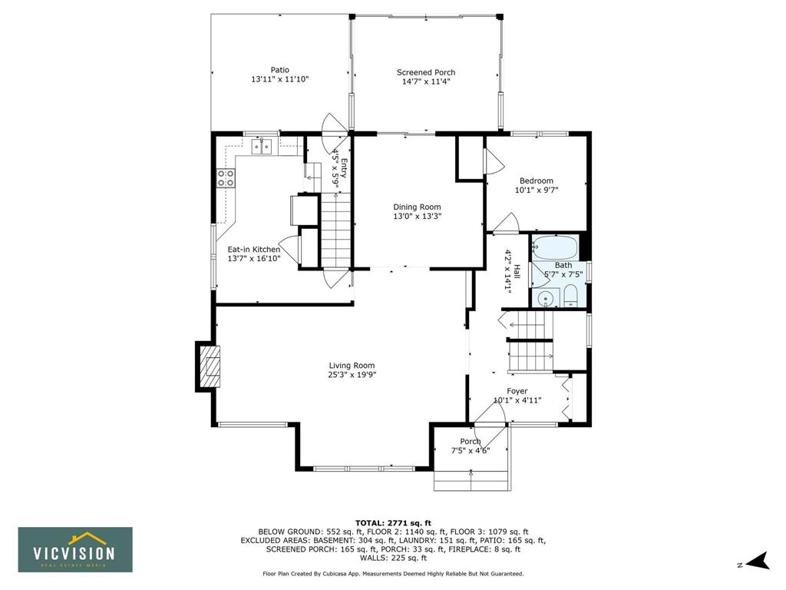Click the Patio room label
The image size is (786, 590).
[279, 70]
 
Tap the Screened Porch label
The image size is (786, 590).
[426, 72]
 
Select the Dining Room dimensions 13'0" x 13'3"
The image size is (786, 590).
[417, 216]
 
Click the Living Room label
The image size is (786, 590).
[352, 366]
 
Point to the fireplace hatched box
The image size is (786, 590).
[210, 366]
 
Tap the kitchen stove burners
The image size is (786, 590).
[226, 178]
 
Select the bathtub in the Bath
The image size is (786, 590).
[555, 248]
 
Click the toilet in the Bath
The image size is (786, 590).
[571, 296]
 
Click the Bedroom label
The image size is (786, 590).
[537, 181]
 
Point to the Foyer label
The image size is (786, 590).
[517, 391]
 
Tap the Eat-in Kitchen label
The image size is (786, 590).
[253, 250]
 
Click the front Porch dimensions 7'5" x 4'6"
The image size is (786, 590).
[471, 450]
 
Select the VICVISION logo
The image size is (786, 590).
[75, 549]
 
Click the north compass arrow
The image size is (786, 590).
[758, 561]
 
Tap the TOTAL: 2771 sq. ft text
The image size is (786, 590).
[393, 522]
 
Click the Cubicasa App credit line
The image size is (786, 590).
[393, 573]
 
